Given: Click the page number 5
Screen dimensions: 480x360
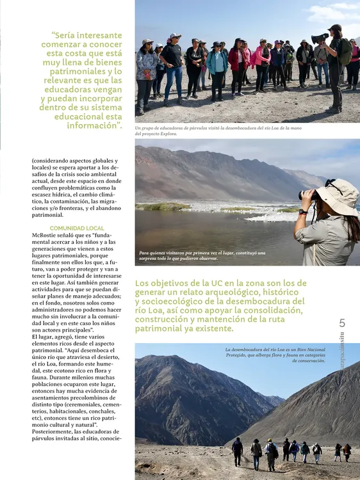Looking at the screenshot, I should [x=342, y=323].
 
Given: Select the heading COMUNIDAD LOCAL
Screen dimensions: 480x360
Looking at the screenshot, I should [x=77, y=228].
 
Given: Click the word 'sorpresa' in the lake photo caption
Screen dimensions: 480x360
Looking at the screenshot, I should [x=152, y=259].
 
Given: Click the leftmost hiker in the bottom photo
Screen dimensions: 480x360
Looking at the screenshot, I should [x=237, y=451].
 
